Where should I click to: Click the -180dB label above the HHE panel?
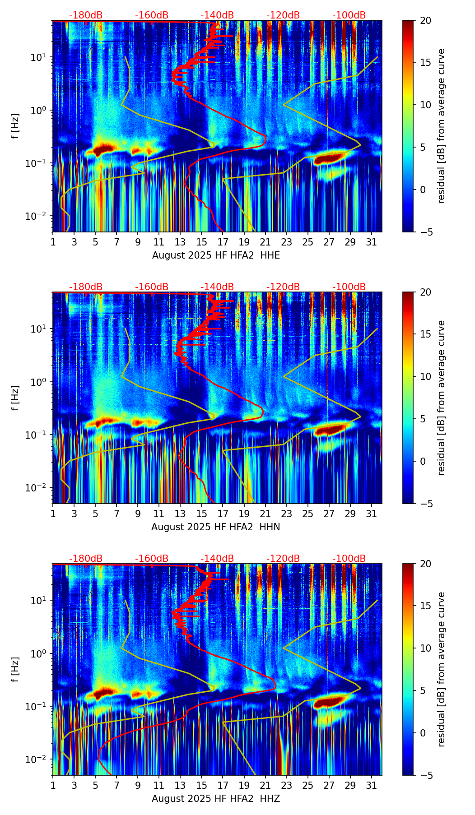86,15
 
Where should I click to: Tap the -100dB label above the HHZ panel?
349,559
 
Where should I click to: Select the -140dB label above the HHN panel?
217,287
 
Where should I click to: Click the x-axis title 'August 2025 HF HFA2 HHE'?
216,255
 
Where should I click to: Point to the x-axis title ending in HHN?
215,527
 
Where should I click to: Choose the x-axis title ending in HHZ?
215,799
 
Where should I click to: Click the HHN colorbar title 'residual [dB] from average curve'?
441,398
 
